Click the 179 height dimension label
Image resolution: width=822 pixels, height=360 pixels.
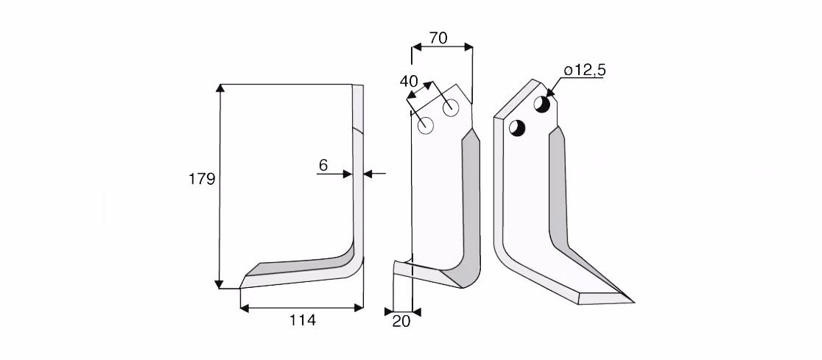tap(202, 179)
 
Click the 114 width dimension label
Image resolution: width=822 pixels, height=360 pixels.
tap(303, 320)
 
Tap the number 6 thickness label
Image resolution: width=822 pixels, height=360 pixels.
tap(323, 165)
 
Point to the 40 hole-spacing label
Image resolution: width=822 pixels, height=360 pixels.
tap(409, 81)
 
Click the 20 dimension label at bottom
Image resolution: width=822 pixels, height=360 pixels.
tap(401, 321)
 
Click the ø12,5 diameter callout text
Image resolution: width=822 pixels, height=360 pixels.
tap(585, 70)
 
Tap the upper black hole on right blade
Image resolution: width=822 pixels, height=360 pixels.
tap(542, 104)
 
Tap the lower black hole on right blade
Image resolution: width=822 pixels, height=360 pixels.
tap(517, 128)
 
